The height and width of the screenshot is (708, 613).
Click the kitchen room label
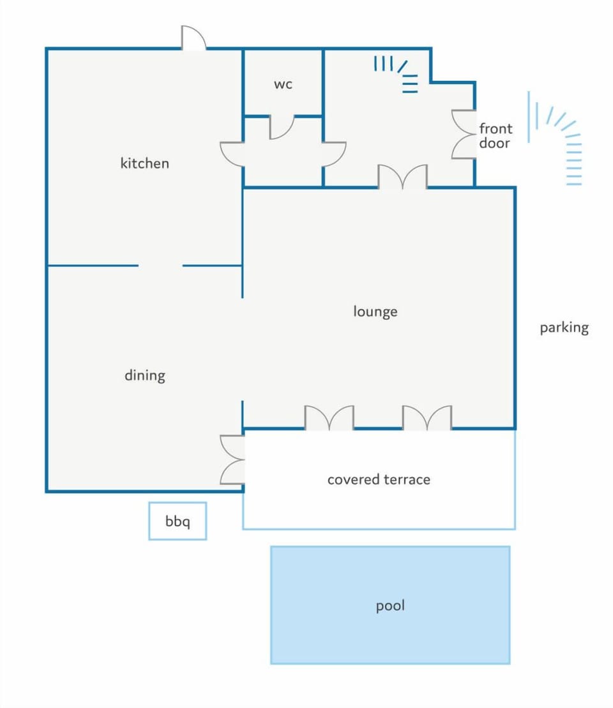pos(144,163)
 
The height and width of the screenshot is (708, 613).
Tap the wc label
pos(284,84)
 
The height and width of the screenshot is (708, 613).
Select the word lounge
pos(375,312)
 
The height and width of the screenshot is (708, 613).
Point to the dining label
pos(145,375)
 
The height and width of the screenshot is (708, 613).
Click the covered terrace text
pos(379,479)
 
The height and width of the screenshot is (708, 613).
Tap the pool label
pos(390,605)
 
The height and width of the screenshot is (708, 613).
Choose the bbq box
pos(178,521)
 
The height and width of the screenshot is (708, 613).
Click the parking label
pos(564,328)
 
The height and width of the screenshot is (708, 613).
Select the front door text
pos(496,135)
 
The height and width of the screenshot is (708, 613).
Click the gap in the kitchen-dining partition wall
pos(160,266)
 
